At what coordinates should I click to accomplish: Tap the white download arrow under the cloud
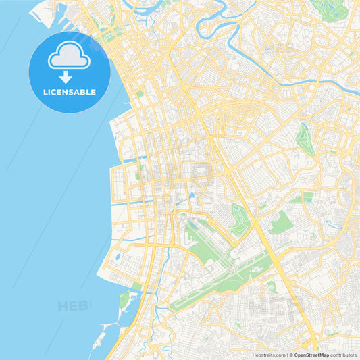(x=66, y=77)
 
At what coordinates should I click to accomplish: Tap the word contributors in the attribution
(x=344, y=354)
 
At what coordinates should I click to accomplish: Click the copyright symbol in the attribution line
(x=290, y=354)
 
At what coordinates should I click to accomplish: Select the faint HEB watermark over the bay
(x=74, y=306)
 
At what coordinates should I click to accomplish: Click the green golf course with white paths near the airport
(x=240, y=220)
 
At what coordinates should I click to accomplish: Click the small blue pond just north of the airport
(x=192, y=195)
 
